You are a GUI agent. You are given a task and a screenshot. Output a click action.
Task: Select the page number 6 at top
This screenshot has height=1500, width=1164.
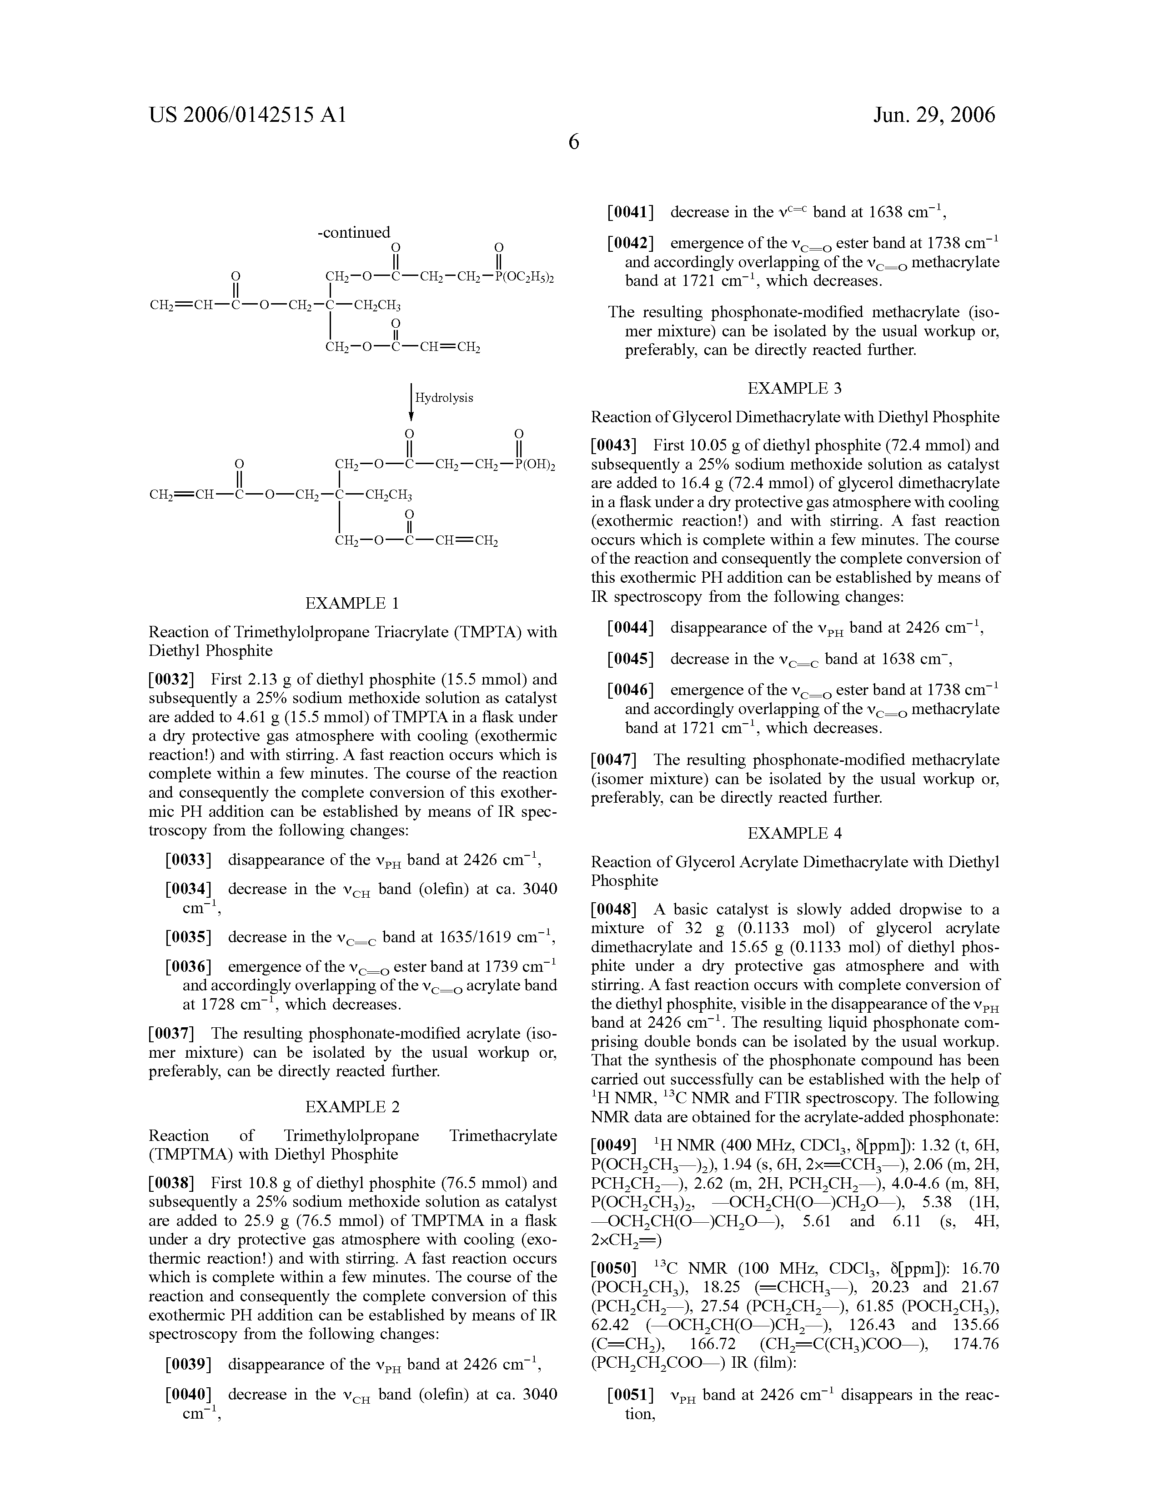click(574, 142)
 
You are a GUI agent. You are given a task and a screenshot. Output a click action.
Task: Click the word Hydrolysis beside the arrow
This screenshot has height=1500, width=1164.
click(444, 398)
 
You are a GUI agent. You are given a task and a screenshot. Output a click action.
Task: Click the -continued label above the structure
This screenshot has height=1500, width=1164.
click(354, 232)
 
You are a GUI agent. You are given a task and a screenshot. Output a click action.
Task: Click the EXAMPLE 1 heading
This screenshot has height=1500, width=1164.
click(352, 603)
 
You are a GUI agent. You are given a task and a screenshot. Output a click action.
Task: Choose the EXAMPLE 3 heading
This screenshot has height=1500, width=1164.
click(794, 388)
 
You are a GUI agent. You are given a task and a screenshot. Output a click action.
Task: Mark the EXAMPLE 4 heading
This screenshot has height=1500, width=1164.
click(794, 833)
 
